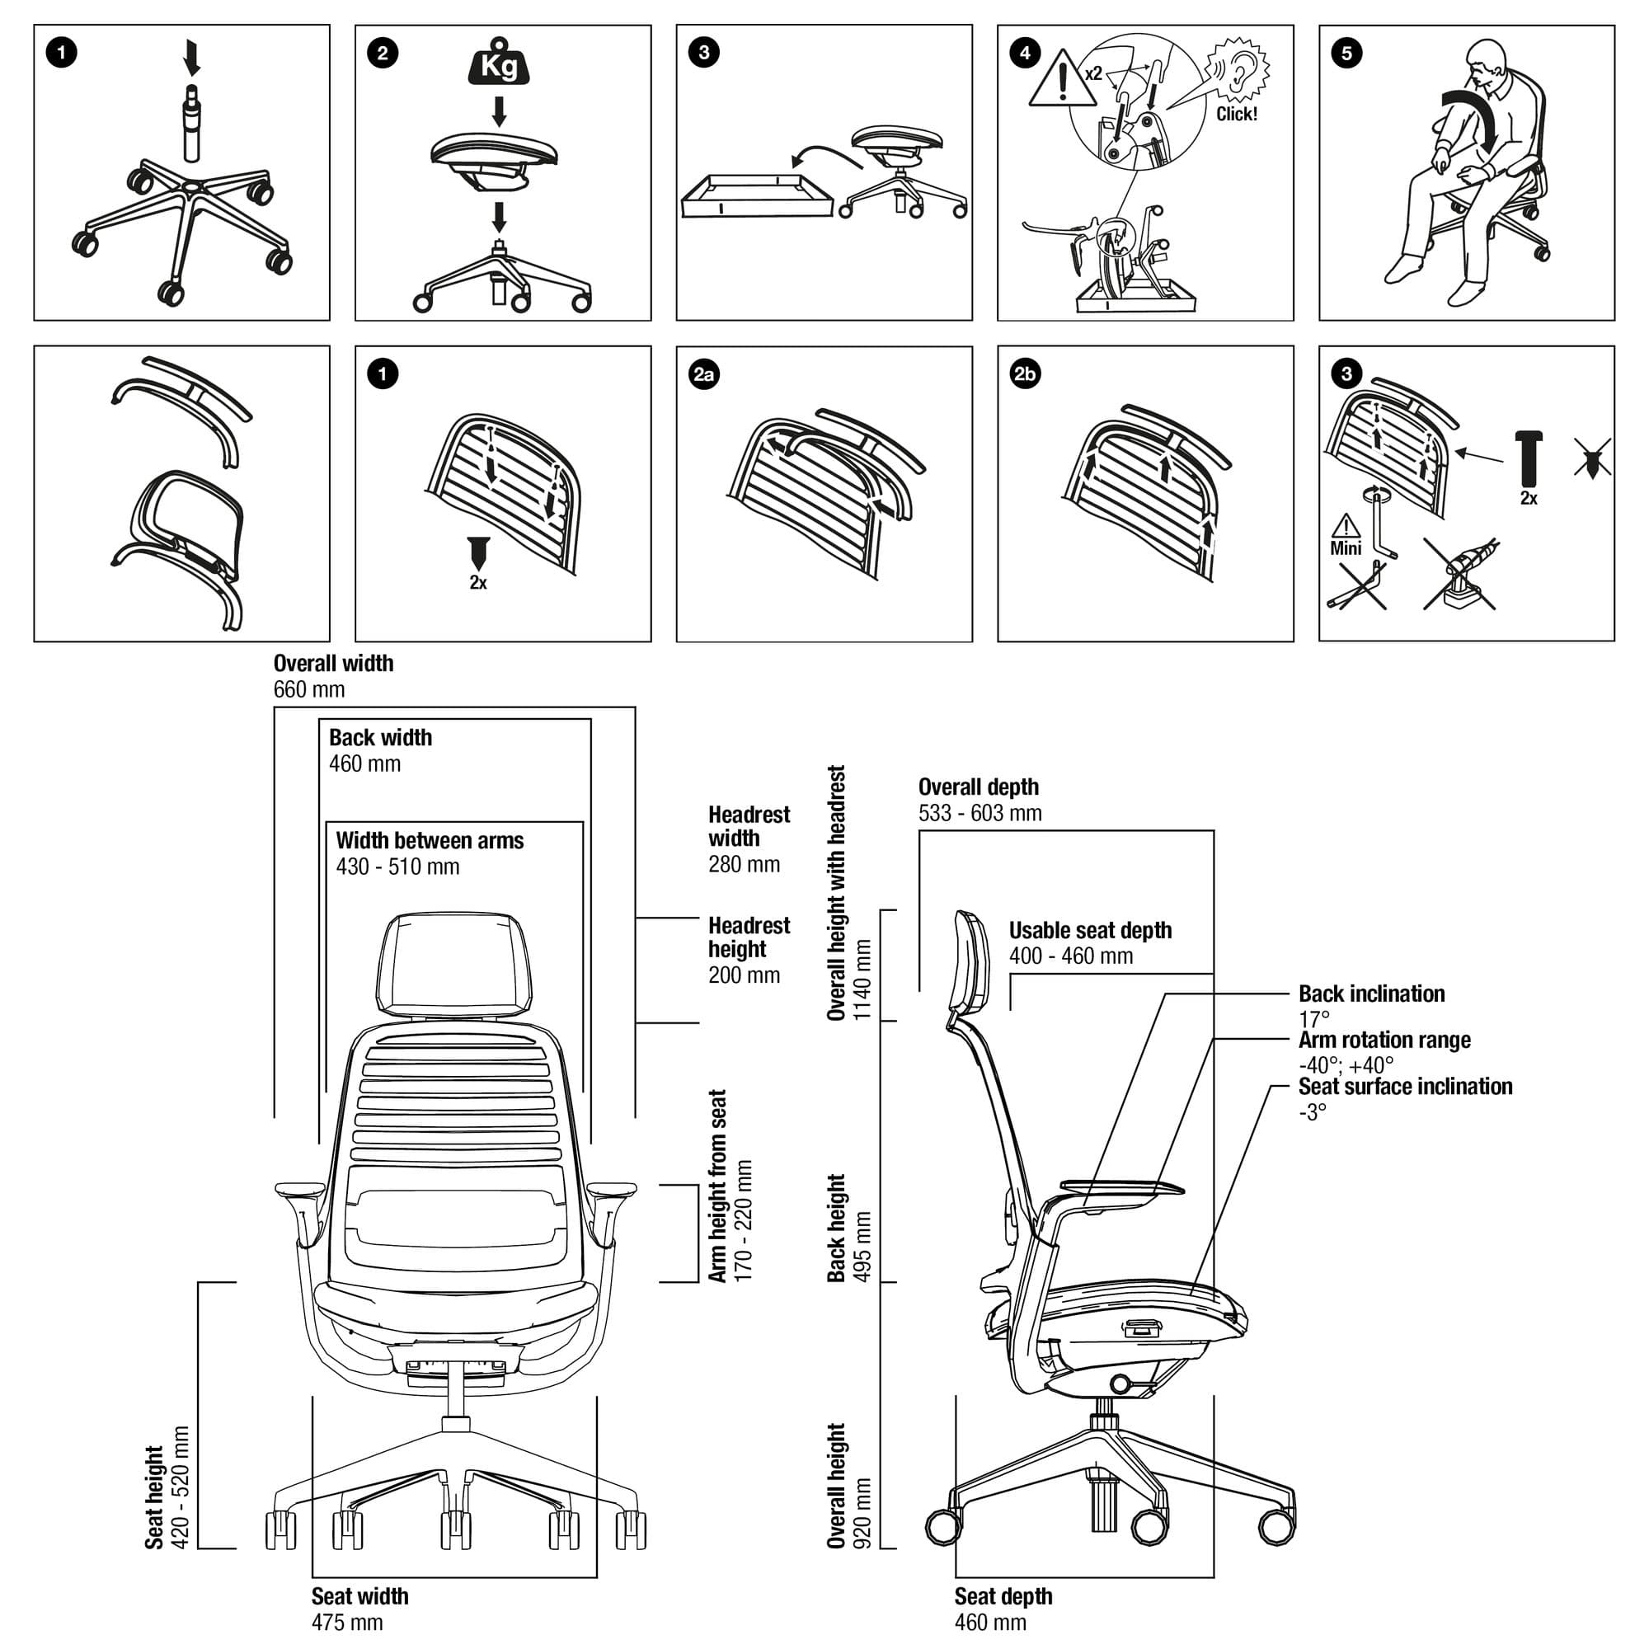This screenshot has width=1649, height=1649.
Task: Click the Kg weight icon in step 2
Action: pos(500,63)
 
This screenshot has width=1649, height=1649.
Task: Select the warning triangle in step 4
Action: pos(1062,79)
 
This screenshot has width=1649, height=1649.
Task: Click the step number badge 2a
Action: pos(704,374)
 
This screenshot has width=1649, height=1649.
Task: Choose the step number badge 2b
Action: pos(1025,374)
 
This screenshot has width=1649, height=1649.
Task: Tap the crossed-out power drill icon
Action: pos(1460,575)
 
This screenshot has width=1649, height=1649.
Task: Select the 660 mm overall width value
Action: pos(309,689)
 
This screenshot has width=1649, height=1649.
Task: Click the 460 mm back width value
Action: pos(364,764)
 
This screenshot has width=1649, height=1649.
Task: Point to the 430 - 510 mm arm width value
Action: pos(397,867)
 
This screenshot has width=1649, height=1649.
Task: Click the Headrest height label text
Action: pos(749,937)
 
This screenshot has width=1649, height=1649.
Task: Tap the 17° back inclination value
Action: pos(1313,1019)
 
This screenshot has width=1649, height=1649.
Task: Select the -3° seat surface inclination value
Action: pos(1312,1112)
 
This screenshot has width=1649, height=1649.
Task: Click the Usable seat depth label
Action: pos(1090,930)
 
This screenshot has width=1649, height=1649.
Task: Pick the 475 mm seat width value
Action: pos(346,1623)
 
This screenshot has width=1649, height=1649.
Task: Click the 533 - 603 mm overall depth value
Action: pos(980,814)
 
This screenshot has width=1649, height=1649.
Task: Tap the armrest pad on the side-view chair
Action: pos(1121,1187)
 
